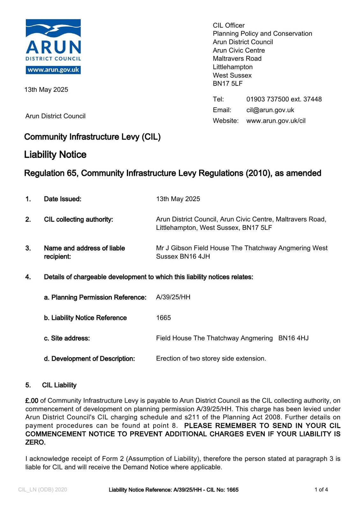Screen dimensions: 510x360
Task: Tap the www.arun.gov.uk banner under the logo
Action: tap(53, 70)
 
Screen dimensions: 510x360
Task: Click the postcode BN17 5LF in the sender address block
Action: tap(227, 84)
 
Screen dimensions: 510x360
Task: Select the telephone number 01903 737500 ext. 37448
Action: tap(284, 99)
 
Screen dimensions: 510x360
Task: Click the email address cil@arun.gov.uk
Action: tap(270, 110)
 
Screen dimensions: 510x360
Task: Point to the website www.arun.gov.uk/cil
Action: tap(276, 121)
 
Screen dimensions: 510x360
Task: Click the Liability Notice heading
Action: tap(55, 155)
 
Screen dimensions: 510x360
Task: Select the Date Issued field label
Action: tap(62, 199)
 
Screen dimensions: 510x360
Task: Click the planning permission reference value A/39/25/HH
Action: tap(173, 297)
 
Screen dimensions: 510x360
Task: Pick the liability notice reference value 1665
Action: tap(163, 318)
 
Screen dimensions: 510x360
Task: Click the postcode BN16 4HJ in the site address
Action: tap(293, 338)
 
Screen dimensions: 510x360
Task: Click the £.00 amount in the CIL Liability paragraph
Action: tap(32, 401)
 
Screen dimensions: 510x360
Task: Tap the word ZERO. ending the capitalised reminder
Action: tap(35, 442)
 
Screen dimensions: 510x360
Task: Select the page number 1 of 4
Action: tap(321, 490)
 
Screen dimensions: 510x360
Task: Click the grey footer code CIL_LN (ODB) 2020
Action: tap(43, 490)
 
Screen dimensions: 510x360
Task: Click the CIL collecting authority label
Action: tap(78, 219)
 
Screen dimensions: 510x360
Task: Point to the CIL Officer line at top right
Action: tap(228, 25)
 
